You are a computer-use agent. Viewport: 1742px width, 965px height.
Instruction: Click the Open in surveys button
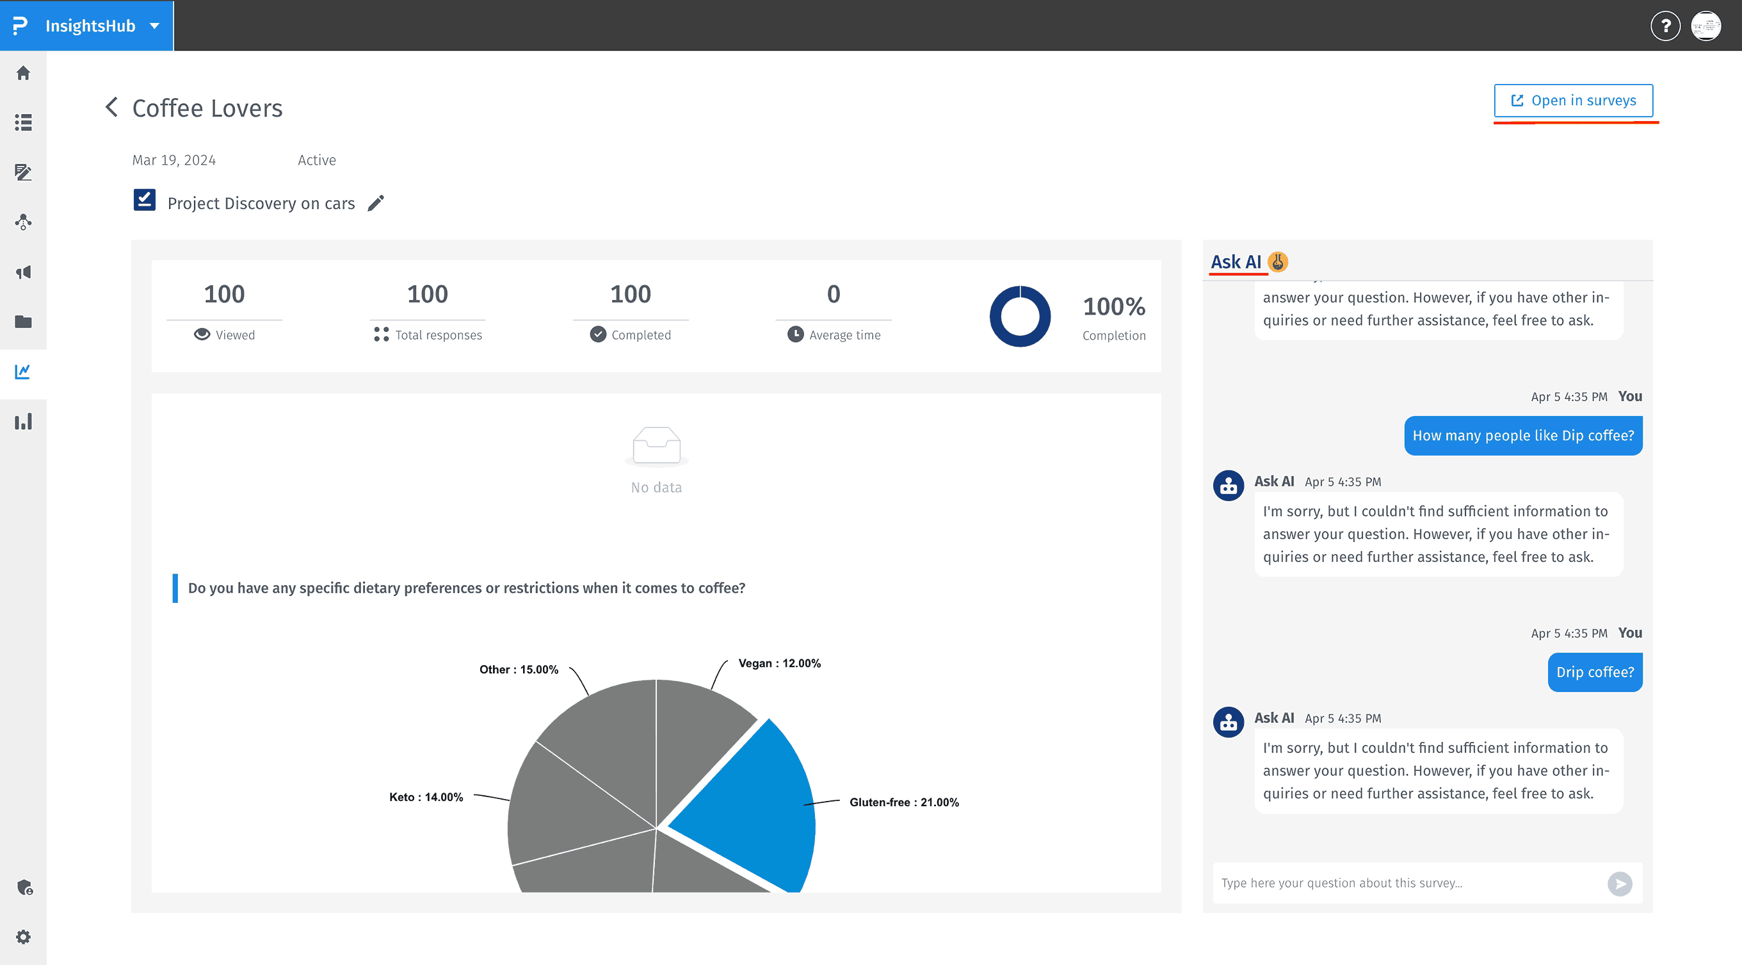(1573, 101)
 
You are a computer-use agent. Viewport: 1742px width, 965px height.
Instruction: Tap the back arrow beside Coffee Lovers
(111, 107)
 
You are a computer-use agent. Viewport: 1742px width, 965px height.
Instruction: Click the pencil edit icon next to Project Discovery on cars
(376, 203)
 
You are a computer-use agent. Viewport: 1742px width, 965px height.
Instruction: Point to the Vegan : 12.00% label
(779, 663)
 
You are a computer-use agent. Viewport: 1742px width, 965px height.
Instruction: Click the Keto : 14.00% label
(426, 797)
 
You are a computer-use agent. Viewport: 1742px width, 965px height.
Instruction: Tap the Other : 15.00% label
(519, 669)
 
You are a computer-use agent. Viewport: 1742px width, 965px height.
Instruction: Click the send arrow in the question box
(1620, 883)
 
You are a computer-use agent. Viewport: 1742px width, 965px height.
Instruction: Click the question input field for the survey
(1407, 883)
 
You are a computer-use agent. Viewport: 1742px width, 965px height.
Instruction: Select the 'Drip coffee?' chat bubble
(1595, 672)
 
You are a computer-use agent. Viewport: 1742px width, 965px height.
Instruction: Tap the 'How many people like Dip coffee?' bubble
(1523, 436)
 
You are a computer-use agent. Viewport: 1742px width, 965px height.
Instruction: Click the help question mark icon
(1665, 26)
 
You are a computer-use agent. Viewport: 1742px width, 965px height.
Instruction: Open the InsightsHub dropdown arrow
(155, 26)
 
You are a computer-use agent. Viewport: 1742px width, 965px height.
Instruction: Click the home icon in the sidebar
(24, 73)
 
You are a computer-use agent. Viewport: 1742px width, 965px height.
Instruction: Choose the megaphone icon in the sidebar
(24, 272)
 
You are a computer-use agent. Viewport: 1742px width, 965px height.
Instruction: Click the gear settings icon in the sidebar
(24, 937)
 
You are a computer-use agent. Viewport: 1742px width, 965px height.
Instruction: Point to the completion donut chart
(1020, 316)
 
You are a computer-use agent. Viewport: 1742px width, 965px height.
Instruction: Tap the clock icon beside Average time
(795, 334)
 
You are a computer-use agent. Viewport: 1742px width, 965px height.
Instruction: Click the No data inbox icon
(656, 446)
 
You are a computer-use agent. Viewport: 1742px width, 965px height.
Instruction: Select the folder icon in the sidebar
(24, 322)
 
